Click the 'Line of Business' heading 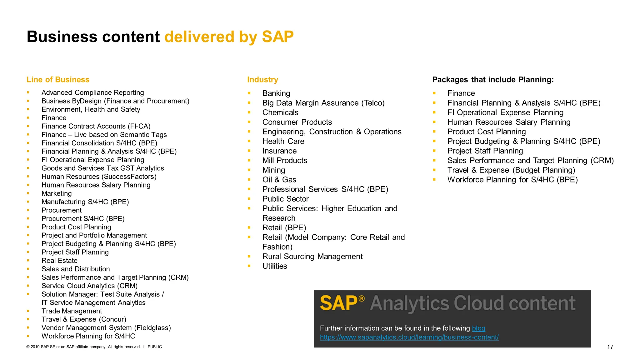(58, 80)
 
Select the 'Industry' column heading (262, 80)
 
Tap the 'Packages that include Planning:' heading (493, 80)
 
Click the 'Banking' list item (276, 93)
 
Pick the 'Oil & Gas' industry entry (279, 180)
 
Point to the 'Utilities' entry (275, 266)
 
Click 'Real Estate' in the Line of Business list (59, 261)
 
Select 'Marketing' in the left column (57, 193)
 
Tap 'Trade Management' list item (72, 311)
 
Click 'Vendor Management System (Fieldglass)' (106, 328)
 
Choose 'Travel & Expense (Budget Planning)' (511, 170)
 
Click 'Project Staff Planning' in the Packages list (485, 151)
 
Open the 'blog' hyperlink (478, 328)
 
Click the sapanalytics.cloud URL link (409, 337)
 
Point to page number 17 (610, 347)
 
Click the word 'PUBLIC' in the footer (155, 347)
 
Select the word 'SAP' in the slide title (277, 37)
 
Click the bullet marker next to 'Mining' (249, 170)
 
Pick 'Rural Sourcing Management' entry (312, 257)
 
